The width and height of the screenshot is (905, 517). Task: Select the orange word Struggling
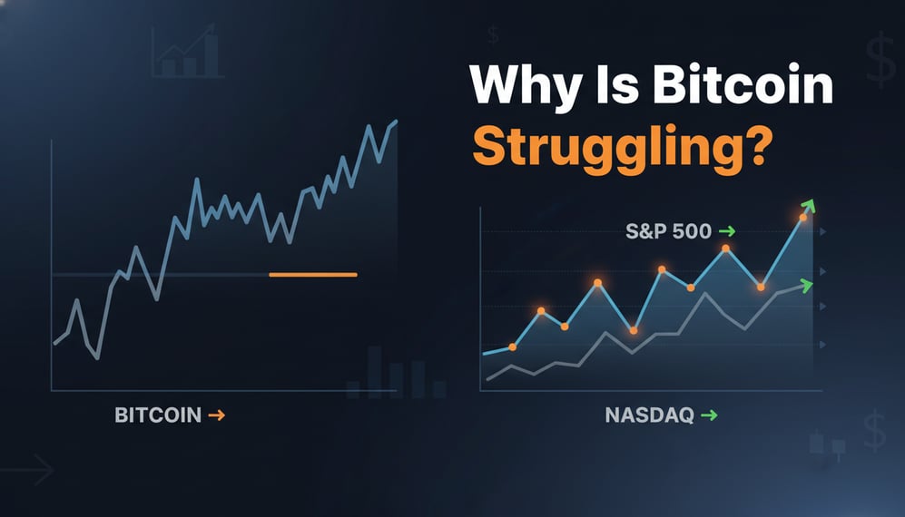pos(599,147)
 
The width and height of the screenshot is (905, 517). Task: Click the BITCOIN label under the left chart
pos(157,415)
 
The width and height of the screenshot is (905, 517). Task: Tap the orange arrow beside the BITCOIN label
pos(216,415)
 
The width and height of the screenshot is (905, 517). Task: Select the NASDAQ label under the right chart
pos(649,415)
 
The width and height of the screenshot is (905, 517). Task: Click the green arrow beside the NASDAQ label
pos(709,415)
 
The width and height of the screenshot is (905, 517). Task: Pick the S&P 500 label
pos(668,231)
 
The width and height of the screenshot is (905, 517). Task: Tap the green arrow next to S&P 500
pos(726,231)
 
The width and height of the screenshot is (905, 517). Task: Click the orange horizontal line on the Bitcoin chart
pos(313,274)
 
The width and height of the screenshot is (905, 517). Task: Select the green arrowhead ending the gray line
pos(806,285)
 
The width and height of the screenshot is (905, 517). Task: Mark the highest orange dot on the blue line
pos(802,218)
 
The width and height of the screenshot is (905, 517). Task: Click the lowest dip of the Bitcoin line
pos(96,358)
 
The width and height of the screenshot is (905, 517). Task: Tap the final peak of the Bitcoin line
pos(396,121)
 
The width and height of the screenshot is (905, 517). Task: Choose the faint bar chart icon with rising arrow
pos(187,53)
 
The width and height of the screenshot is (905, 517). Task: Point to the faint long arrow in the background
pos(27,470)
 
